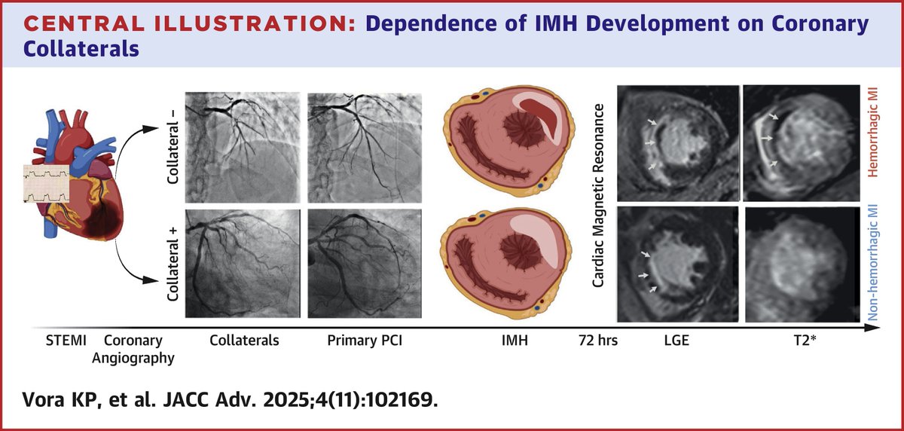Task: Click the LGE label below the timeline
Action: (x=676, y=340)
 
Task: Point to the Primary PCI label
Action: (x=365, y=340)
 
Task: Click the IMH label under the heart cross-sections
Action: (x=514, y=340)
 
